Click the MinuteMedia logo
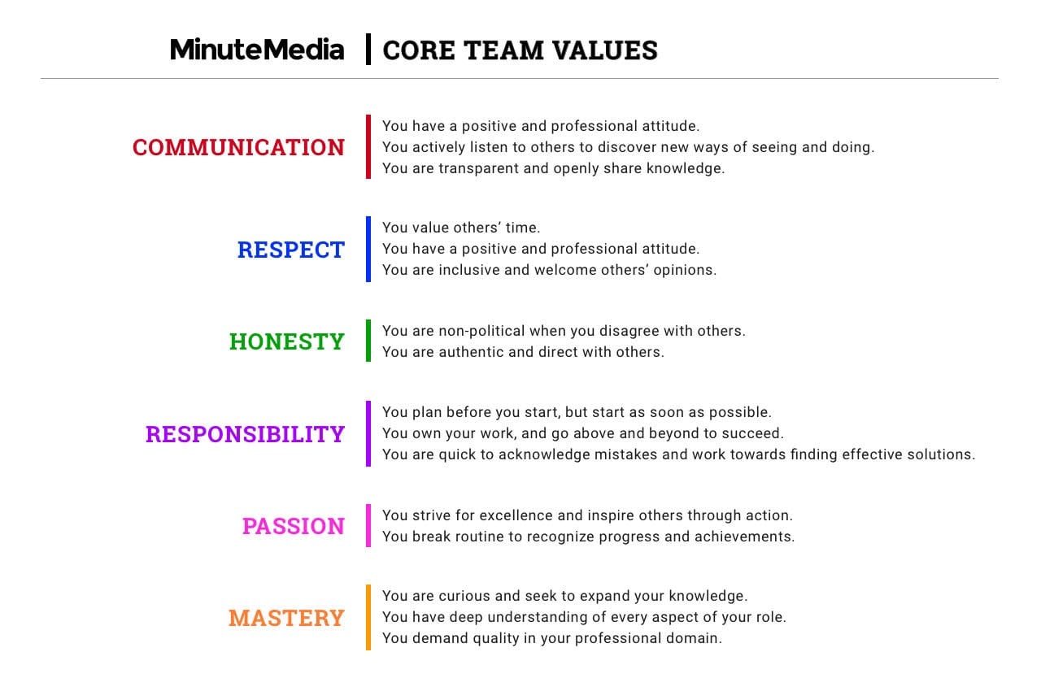point(257,50)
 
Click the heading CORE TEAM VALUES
point(520,50)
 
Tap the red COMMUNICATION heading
point(238,147)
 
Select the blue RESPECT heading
point(291,250)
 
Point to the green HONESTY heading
point(287,341)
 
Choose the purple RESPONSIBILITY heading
point(245,434)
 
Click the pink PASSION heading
point(294,526)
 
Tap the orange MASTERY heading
point(286,618)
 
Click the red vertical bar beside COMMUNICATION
point(368,147)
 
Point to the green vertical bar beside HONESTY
point(368,341)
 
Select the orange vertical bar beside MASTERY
point(368,617)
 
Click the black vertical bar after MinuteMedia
point(368,50)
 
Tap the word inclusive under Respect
point(469,270)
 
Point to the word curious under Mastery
point(464,596)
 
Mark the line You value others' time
point(461,228)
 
